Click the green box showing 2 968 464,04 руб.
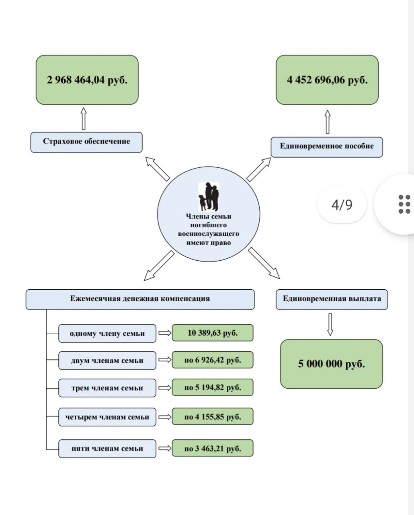pos(87,80)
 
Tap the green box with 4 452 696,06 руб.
pos(327,80)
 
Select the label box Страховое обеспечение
pos(86,142)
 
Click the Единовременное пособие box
pos(327,147)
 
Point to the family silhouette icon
pos(209,196)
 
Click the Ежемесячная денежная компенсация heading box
pos(140,299)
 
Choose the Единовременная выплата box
pos(332,299)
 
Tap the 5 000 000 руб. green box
pos(332,364)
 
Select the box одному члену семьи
pos(107,334)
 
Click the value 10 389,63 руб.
pos(213,333)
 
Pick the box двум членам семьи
pos(107,360)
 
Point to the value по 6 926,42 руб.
pos(213,360)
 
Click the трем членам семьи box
pos(107,388)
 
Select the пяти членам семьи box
pos(107,449)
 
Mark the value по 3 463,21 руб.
pos(213,448)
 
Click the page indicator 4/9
pos(342,205)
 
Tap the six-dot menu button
pos(404,204)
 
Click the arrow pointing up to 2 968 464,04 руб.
pos(84,119)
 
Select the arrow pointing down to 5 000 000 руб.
pos(330,325)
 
